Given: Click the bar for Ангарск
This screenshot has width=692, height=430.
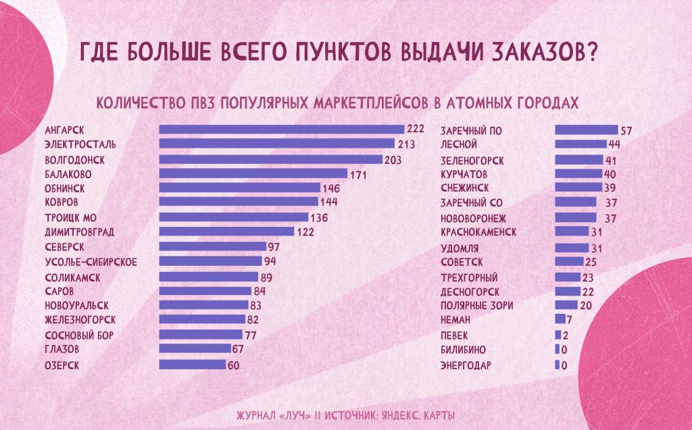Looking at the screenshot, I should pos(281,129).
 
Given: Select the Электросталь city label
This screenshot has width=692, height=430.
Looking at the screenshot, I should pos(80,144).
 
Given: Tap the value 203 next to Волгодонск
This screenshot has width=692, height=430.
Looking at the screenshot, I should pos(393,161).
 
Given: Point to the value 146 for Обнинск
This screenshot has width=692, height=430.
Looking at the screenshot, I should pos(330,188).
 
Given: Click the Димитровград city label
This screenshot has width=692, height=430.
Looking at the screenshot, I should pos(79,232).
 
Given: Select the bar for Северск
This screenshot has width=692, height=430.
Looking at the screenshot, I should pos(212,246).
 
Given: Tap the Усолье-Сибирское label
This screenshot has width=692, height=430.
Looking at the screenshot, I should pos(91,261).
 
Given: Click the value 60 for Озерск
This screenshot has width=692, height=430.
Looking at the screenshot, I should pos(234,365).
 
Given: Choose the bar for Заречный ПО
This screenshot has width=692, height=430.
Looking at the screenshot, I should pos(586,130).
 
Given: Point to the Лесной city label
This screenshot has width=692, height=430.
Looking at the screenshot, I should pos(459,144).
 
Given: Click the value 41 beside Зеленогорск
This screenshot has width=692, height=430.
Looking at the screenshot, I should pos(611,161).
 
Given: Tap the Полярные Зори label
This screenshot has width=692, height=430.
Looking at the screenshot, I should pos(477,305).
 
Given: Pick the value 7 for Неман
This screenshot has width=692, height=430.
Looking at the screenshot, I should pos(570,319).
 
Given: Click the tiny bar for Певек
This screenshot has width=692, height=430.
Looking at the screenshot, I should pos(558,335).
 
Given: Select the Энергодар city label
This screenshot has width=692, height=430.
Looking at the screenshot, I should pos(466,366).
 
